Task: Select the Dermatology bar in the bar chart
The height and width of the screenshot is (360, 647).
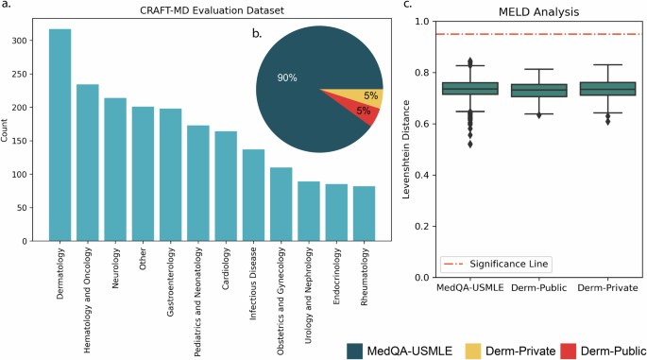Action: [60, 132]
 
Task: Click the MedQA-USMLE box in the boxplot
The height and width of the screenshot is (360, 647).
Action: [470, 89]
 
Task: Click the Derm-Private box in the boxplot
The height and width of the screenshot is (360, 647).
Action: [605, 89]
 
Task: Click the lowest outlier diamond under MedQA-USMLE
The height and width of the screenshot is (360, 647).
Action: [470, 144]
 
